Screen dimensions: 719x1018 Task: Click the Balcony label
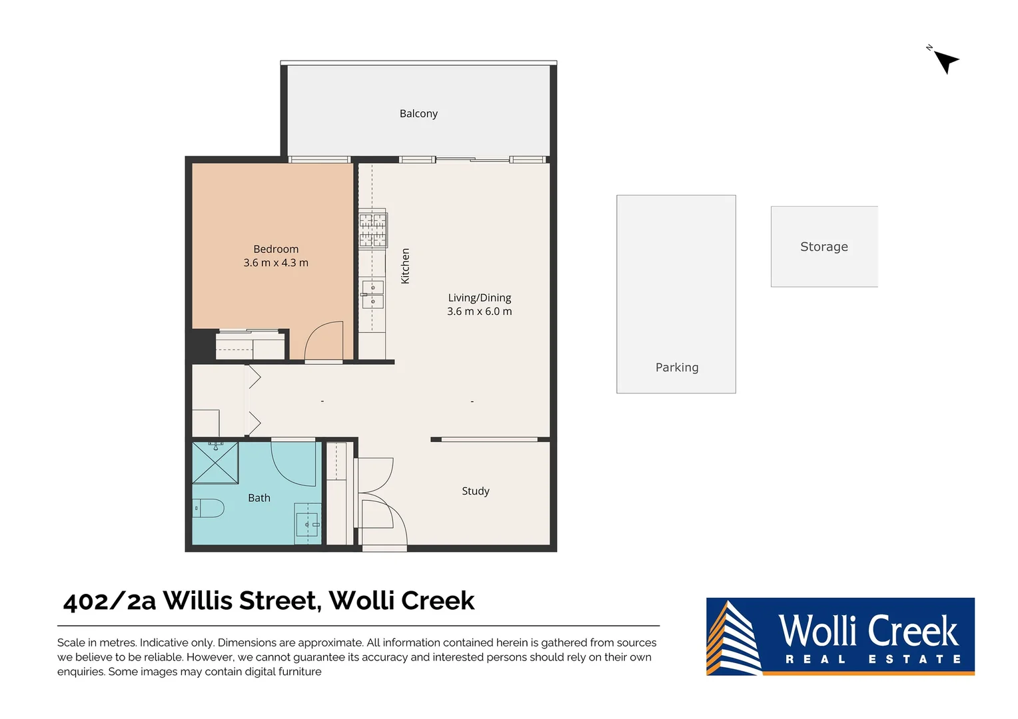(x=418, y=114)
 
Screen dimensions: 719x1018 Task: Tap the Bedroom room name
(x=276, y=249)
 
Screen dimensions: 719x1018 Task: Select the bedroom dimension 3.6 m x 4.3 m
(x=276, y=263)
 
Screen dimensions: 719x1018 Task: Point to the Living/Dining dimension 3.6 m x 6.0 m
(x=479, y=312)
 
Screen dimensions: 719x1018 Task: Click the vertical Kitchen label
(x=405, y=266)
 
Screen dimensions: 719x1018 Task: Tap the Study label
(x=475, y=491)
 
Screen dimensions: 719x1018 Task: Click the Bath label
(x=259, y=498)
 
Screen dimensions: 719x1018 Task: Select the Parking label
(x=677, y=367)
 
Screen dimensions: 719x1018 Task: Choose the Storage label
(x=823, y=247)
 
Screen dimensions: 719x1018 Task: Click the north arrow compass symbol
(x=945, y=61)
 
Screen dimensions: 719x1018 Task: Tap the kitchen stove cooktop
(x=373, y=230)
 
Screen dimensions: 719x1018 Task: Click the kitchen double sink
(x=372, y=294)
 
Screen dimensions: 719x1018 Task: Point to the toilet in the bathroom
(x=209, y=508)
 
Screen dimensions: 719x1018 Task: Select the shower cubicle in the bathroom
(x=215, y=463)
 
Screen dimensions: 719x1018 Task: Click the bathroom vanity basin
(x=308, y=524)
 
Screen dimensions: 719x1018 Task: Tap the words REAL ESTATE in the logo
(x=873, y=659)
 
